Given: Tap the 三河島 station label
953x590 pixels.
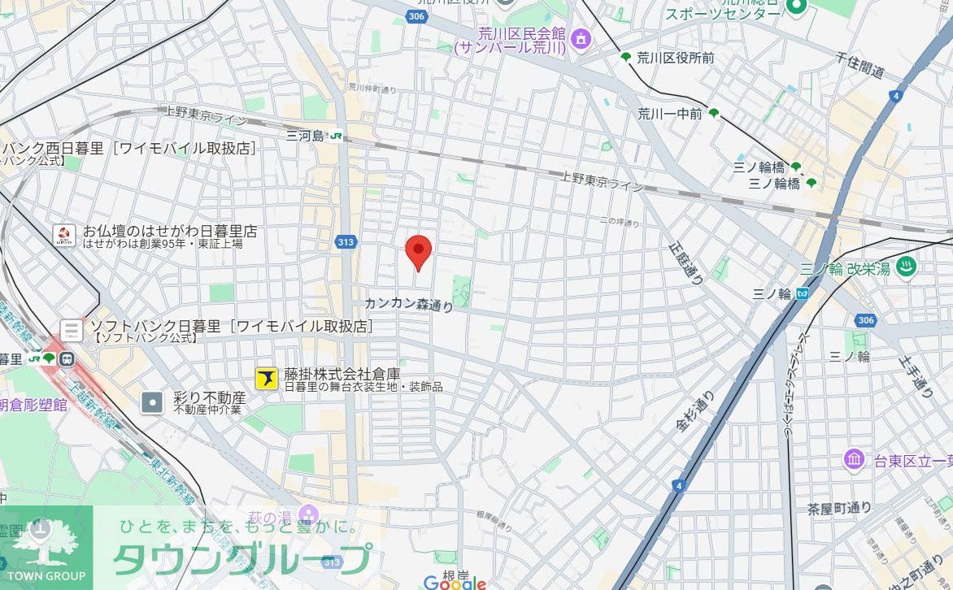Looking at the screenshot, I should (305, 136).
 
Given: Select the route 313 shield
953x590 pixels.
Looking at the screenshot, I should (346, 241).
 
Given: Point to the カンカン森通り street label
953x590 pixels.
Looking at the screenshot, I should (408, 304).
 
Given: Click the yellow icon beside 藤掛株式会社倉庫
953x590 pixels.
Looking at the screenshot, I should (267, 378).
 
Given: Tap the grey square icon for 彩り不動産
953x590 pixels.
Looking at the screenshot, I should (152, 401).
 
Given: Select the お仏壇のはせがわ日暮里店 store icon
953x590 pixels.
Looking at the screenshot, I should (64, 236).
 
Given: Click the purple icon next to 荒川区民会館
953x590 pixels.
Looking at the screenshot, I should (580, 37).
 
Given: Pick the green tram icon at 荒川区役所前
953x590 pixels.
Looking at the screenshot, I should (626, 58).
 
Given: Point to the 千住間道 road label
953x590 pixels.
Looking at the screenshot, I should (859, 64).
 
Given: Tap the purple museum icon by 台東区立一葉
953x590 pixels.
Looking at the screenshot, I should (854, 460).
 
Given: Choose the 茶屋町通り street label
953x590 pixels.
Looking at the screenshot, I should (839, 509).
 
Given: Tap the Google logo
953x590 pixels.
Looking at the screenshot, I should (455, 582).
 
